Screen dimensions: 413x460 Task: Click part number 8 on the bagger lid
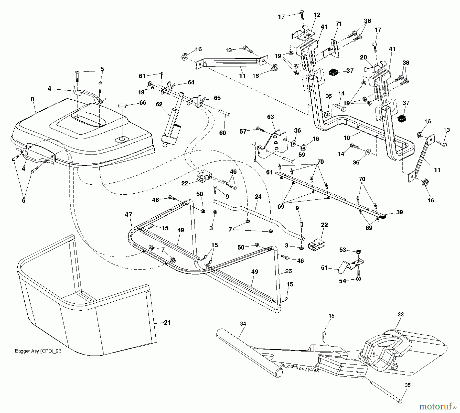tap(32, 99)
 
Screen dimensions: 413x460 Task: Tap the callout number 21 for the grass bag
tap(167, 323)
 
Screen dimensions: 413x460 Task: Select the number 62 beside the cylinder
tap(159, 104)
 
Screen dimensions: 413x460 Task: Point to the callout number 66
tap(143, 102)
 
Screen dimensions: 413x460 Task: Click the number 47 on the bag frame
tap(129, 215)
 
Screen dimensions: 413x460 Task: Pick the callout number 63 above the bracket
tap(270, 117)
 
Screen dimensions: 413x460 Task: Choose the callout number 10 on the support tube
tap(347, 138)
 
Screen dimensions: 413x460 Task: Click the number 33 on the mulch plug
tap(401, 314)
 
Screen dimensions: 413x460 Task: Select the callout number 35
tap(408, 385)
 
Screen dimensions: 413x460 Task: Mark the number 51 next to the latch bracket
tap(324, 268)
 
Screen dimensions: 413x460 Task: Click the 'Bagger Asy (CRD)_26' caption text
tap(38, 351)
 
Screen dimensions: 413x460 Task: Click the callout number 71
tap(339, 24)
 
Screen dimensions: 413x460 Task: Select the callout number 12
tap(317, 15)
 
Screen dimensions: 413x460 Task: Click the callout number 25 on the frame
tap(289, 271)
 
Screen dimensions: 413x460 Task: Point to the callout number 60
tap(223, 133)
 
